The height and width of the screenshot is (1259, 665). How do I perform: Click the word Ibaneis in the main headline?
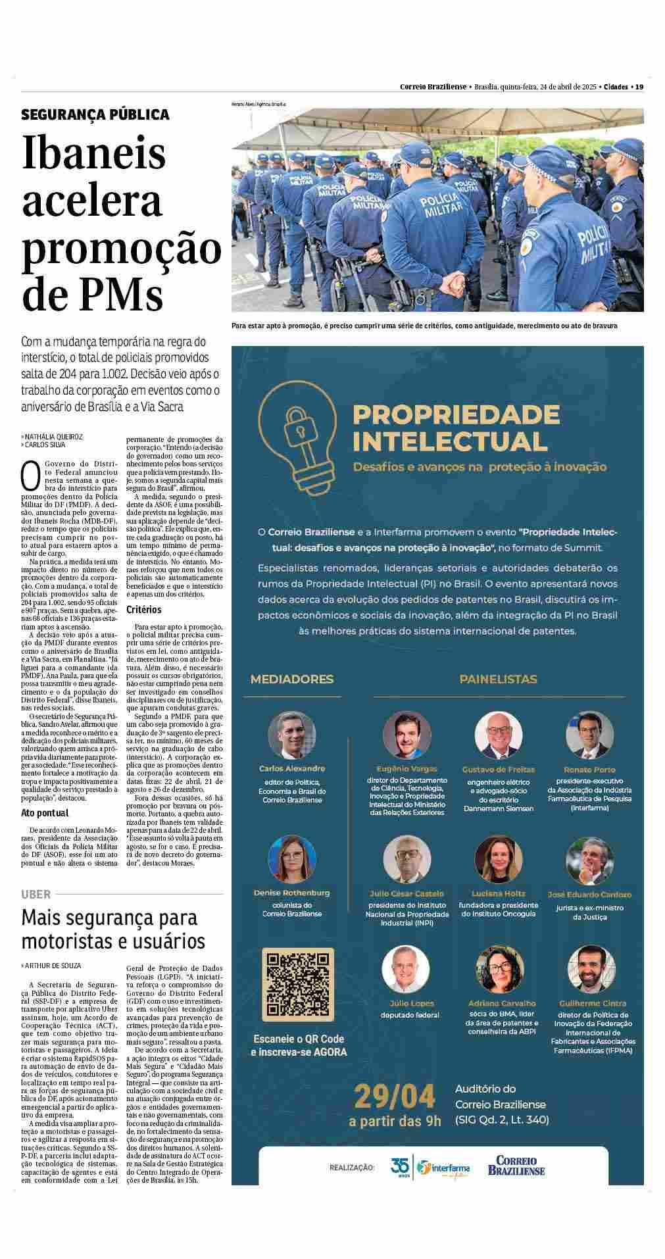94,152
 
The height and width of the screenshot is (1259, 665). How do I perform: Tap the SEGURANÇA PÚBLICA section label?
95,114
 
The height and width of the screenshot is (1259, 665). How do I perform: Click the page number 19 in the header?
639,87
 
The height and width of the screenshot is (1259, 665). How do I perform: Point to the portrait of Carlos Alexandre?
292,734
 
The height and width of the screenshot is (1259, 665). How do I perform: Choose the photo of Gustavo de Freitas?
499,735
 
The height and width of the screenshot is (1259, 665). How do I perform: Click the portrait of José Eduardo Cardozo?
589,860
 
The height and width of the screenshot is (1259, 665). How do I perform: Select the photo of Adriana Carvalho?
499,970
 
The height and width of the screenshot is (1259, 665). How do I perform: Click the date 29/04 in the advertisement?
395,1097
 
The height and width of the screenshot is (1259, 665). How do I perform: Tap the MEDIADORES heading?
292,679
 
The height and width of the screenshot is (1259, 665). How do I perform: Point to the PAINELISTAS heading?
498,679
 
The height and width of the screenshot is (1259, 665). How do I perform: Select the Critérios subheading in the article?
144,610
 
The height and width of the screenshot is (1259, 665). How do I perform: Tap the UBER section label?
36,894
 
